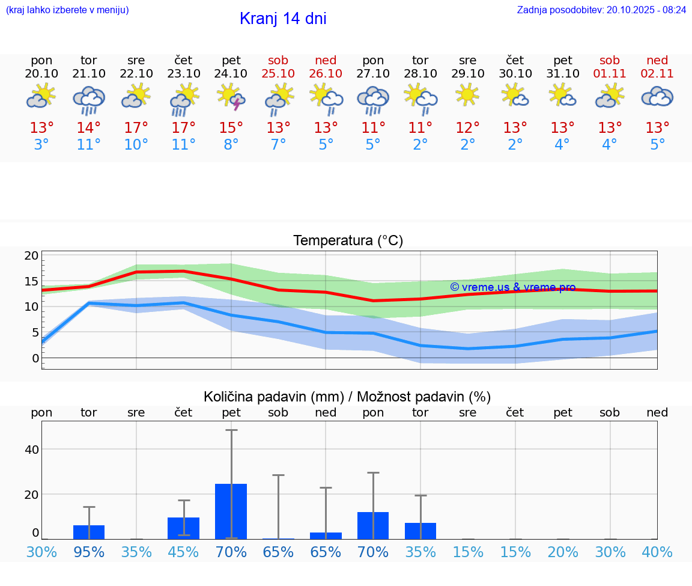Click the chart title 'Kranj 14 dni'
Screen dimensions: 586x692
pos(283,19)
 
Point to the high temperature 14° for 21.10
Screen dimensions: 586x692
pos(89,128)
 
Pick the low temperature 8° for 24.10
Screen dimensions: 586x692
pos(231,145)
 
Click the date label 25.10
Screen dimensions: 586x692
pos(278,73)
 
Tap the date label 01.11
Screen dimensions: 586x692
pos(610,73)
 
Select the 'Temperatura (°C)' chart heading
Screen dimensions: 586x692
pos(348,241)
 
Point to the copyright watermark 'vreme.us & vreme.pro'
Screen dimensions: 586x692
pos(513,287)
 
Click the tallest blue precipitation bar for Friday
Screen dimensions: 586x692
pos(231,511)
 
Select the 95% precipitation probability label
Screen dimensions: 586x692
pos(89,552)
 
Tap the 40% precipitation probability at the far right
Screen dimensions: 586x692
pos(657,552)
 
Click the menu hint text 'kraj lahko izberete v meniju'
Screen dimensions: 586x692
pos(67,10)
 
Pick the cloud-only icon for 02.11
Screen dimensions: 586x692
pos(657,96)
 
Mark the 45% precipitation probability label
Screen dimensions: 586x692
pos(183,552)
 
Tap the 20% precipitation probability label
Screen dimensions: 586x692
pos(562,552)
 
